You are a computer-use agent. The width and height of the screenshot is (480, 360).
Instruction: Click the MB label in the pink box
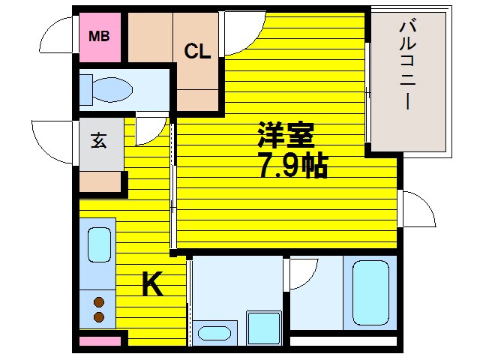click(x=99, y=35)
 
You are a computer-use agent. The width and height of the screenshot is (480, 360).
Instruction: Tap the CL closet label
click(x=198, y=51)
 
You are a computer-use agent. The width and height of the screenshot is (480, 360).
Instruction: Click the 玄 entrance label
click(x=99, y=140)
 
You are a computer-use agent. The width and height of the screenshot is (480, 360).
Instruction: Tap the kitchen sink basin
click(x=99, y=244)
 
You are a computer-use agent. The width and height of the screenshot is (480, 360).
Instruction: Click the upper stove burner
click(x=98, y=302)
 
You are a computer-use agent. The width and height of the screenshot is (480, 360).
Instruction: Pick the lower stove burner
click(x=98, y=317)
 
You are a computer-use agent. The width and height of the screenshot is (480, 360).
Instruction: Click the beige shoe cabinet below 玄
click(x=100, y=183)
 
